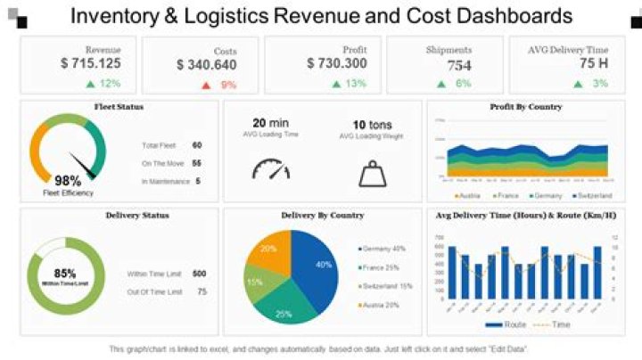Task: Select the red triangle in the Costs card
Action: tap(206, 85)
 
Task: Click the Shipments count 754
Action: tap(459, 66)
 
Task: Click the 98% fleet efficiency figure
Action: tap(68, 181)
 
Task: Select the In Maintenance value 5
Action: tap(198, 181)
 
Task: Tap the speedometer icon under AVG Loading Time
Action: tap(271, 169)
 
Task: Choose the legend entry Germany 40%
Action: tap(384, 249)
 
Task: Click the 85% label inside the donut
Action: tap(65, 273)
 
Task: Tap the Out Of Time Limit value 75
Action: tap(202, 291)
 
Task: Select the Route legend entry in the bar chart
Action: tap(512, 324)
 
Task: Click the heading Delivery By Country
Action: tap(322, 216)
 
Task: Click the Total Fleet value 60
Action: tap(197, 144)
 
